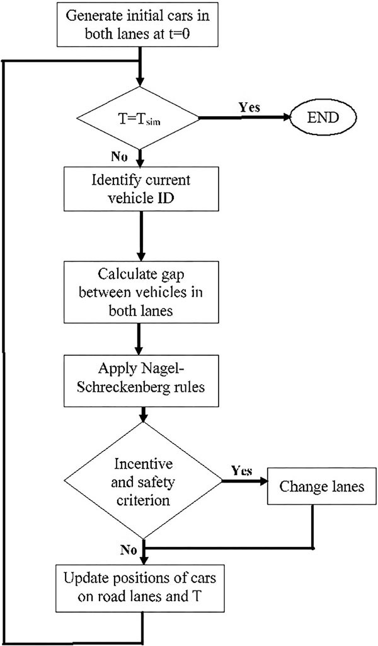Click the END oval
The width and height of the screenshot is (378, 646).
(324, 117)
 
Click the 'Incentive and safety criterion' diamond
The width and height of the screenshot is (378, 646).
(142, 480)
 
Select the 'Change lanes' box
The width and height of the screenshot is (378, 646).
(322, 486)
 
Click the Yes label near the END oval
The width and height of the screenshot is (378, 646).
(249, 107)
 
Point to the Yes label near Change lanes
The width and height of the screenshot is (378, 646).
(242, 470)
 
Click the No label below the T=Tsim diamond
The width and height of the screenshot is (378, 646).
(119, 157)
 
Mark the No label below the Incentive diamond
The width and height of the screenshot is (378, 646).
(129, 549)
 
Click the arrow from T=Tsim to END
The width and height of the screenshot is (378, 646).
(245, 118)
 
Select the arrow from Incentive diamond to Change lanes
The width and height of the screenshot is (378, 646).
(244, 480)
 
